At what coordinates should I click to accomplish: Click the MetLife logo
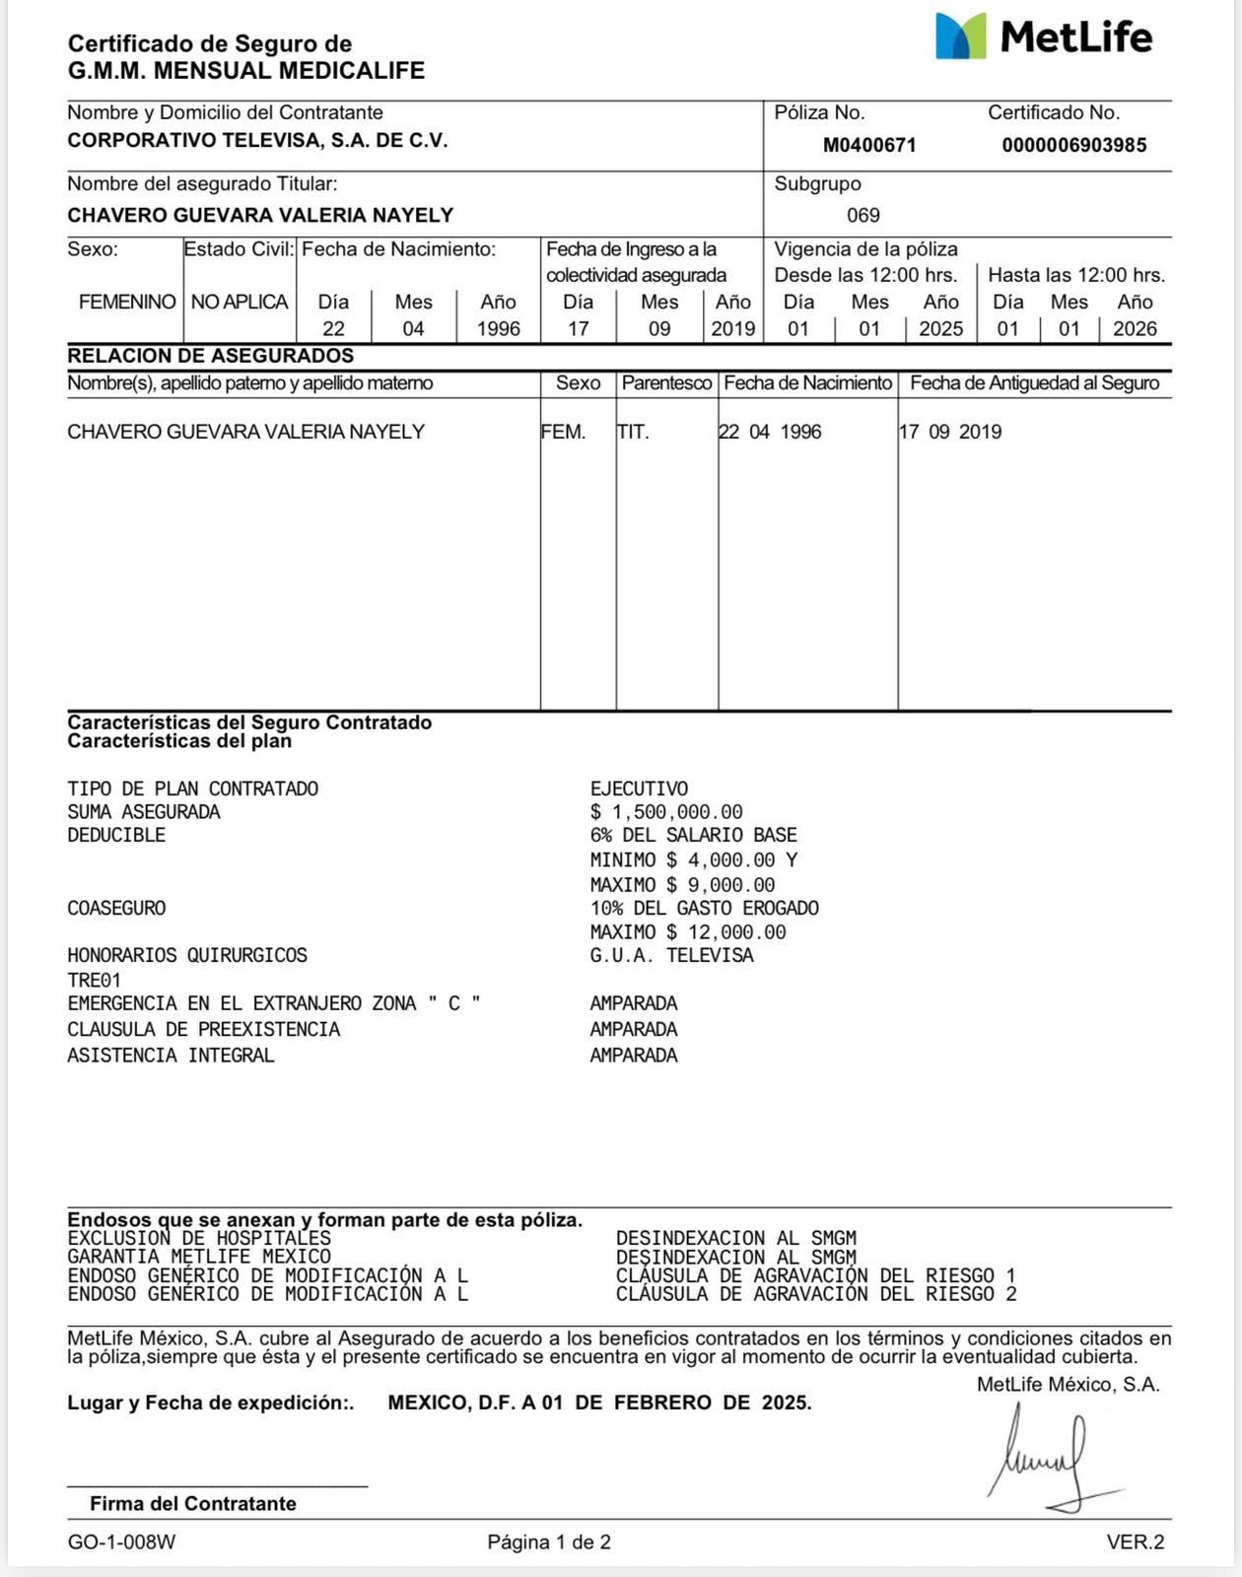(1043, 38)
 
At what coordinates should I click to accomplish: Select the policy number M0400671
(869, 145)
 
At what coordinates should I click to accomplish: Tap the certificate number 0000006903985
(1073, 145)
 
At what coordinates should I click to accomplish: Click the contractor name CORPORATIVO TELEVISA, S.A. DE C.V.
(257, 140)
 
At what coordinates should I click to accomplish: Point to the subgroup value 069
(862, 215)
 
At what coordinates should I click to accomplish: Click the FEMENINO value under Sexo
(127, 302)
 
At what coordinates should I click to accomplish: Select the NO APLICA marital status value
(240, 302)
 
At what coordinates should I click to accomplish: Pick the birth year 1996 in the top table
(498, 328)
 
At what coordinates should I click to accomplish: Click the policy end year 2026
(1135, 328)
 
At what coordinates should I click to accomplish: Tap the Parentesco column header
(666, 382)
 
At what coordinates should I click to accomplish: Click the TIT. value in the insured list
(633, 432)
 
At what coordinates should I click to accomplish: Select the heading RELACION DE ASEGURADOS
(210, 356)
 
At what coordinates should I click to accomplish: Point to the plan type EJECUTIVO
(639, 788)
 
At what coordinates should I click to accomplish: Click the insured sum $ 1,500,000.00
(666, 812)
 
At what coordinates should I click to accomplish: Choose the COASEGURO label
(116, 908)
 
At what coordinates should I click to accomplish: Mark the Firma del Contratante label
(192, 1503)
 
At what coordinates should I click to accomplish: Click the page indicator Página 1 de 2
(549, 1542)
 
